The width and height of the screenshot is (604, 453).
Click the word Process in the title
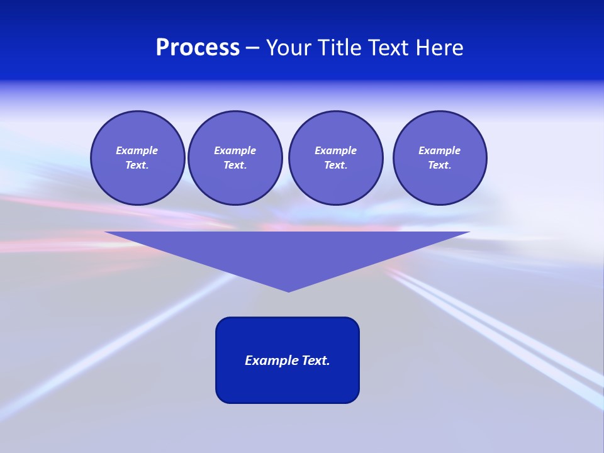[198, 48]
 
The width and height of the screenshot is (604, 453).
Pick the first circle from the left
[138, 158]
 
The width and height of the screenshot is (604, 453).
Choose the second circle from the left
[235, 158]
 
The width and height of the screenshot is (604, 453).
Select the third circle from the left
[335, 158]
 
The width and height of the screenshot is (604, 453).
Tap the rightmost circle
[440, 158]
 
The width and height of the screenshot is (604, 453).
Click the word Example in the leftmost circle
[137, 150]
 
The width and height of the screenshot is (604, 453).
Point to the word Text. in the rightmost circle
[440, 165]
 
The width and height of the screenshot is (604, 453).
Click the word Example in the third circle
[335, 150]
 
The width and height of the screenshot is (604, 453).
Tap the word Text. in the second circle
[235, 165]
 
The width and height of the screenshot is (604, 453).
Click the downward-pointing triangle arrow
[288, 252]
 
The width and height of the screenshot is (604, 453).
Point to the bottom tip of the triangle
[288, 290]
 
